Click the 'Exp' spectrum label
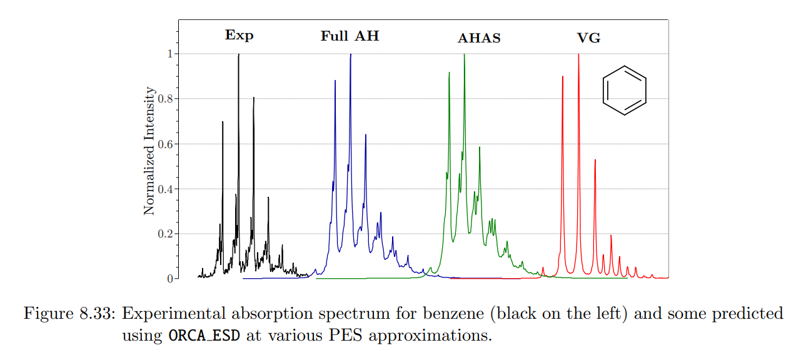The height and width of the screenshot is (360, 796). (239, 35)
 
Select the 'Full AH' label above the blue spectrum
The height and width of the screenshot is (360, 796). (350, 36)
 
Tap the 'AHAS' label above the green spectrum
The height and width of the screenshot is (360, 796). (479, 38)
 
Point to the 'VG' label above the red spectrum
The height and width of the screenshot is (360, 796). (588, 38)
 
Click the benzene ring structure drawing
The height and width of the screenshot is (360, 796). (624, 91)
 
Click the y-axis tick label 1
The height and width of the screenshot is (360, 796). (169, 54)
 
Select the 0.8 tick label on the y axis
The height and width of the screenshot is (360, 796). (164, 99)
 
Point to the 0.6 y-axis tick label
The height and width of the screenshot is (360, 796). (164, 144)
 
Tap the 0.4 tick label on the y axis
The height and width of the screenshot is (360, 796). (164, 189)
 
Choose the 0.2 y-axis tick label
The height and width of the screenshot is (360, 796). (164, 234)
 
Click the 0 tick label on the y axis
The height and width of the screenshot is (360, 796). (169, 279)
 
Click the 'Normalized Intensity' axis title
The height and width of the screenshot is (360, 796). (149, 151)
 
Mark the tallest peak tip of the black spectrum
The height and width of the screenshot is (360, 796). (238, 55)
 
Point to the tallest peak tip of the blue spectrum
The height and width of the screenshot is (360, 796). (350, 55)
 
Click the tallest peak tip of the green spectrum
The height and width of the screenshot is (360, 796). (464, 55)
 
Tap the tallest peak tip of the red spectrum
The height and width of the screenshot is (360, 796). (578, 55)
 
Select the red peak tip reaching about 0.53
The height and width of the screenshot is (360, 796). (595, 160)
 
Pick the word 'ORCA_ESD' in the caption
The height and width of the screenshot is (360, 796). (204, 336)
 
